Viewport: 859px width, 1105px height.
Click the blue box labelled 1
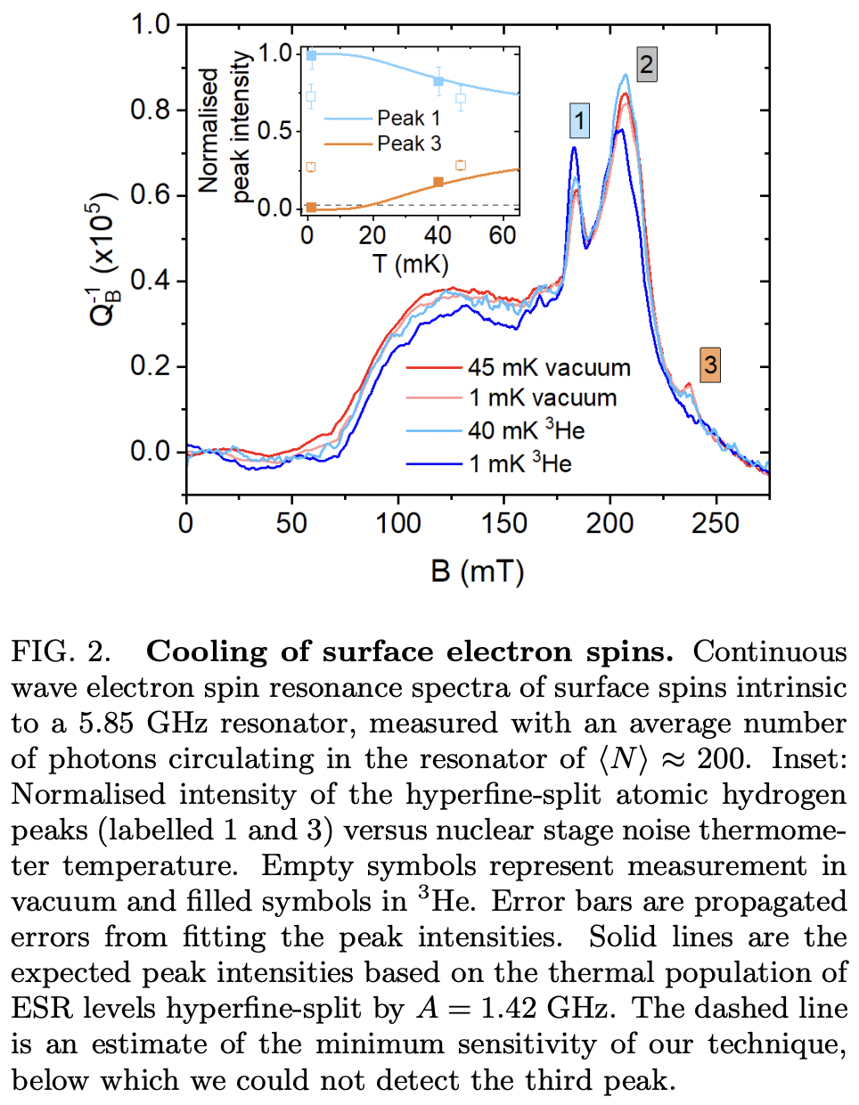[x=579, y=120]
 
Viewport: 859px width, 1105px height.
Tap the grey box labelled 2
[x=647, y=64]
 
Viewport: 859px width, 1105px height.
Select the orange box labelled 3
[x=709, y=364]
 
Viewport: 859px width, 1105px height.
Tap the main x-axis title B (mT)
[x=478, y=570]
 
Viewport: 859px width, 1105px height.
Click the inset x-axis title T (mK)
[x=411, y=264]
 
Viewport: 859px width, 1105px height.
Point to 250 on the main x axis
[x=716, y=523]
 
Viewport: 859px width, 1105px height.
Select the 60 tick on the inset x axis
[x=503, y=235]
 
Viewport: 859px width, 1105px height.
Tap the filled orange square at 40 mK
[x=438, y=182]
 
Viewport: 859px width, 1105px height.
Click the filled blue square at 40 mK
[x=438, y=81]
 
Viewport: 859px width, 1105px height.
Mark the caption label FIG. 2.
[x=61, y=652]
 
